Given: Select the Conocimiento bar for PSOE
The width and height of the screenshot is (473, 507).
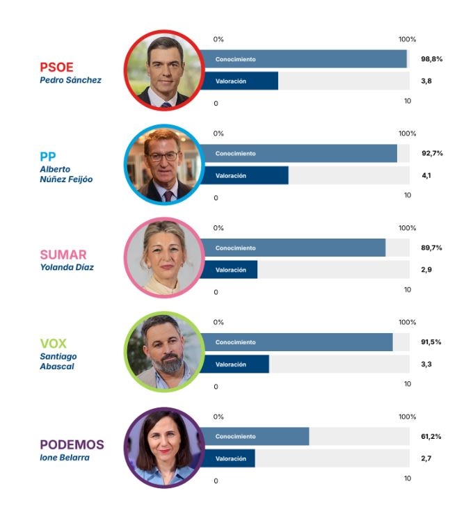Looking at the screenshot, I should click(x=303, y=59).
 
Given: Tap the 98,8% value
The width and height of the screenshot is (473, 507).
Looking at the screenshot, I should click(x=431, y=59).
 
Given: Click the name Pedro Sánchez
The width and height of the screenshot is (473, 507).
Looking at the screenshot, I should click(x=70, y=80).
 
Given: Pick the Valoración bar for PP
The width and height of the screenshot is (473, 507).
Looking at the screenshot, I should click(x=244, y=176).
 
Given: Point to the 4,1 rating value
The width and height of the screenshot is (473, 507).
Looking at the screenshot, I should click(x=426, y=175).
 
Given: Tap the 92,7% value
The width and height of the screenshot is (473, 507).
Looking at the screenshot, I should click(x=431, y=153).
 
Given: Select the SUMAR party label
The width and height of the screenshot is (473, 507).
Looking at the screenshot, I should click(x=63, y=255).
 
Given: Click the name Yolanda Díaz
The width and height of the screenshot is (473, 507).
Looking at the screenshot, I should click(x=67, y=268).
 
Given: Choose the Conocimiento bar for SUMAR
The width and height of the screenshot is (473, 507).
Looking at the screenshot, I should click(x=293, y=248).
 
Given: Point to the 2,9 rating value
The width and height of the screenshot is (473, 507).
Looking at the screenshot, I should click(x=426, y=270).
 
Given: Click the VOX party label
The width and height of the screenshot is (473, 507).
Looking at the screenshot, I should click(x=54, y=344).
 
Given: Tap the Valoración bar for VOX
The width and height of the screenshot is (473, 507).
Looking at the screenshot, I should click(x=234, y=364).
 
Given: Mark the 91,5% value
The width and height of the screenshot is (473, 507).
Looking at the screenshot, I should click(x=431, y=342).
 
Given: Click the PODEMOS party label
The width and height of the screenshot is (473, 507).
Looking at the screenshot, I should click(x=72, y=445).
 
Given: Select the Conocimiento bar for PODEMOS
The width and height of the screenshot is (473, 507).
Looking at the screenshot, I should click(x=255, y=437).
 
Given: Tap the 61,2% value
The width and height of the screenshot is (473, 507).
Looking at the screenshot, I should click(x=431, y=437).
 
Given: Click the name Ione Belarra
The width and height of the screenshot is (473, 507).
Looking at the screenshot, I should click(x=64, y=458).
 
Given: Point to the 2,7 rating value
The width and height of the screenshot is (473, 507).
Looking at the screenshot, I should click(x=426, y=459).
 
